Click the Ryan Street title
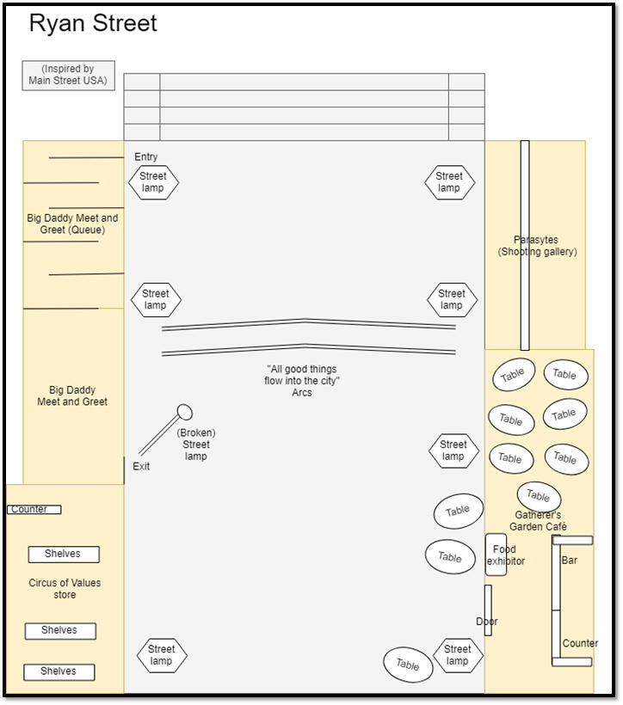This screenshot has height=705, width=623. pos(93,24)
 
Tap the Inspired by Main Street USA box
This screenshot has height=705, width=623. pos(68,75)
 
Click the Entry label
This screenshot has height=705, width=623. pos(146,156)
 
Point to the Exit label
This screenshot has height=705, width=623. pos(141,466)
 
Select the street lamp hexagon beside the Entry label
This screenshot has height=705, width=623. pos(153,182)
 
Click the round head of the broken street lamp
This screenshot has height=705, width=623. pos(184,412)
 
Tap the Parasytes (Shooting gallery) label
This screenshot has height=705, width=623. pos(536,246)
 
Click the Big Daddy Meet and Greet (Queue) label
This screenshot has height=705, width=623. pos(72,224)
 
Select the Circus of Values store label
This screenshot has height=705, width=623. pos(65,589)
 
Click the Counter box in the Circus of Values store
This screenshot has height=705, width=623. pos(34,510)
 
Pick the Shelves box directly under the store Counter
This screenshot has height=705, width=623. pos(63,555)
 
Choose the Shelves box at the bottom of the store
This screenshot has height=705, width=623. pos(59,671)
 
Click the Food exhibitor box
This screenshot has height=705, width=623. pos(497,555)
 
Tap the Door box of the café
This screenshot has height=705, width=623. pos(488,610)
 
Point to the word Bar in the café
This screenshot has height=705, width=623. pos(570,561)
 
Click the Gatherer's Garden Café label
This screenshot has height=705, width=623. pos(538,521)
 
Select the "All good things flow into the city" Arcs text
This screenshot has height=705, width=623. pos(302,381)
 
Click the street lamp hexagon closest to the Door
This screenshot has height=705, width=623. pos(458,655)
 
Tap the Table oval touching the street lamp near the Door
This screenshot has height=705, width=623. pos(408,665)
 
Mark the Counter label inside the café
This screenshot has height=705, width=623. pos(580,643)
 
